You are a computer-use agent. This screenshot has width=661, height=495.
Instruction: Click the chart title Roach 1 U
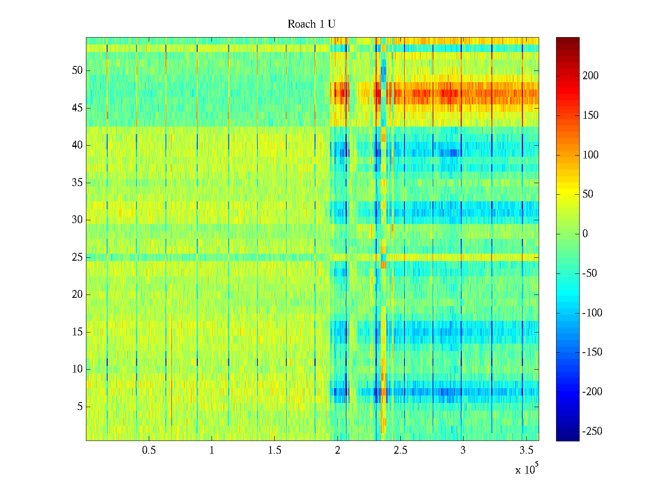coord(311,24)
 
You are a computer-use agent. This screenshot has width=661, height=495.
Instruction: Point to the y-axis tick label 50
coord(77,70)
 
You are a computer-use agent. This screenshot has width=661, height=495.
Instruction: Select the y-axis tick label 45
coord(77,108)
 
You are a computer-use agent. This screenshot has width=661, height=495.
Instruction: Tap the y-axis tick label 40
coord(77,145)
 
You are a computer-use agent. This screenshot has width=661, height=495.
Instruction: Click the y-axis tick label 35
coord(77,183)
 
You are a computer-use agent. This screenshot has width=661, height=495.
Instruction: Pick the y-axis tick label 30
coord(77,220)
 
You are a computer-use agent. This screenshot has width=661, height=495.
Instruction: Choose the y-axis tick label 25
coord(77,257)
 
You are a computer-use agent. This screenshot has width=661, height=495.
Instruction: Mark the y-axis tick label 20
coord(77,295)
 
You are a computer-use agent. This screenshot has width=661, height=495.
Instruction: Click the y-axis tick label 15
coord(77,332)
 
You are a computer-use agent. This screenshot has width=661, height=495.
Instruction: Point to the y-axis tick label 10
coord(77,369)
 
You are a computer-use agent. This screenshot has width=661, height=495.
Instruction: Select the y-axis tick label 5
coord(80,407)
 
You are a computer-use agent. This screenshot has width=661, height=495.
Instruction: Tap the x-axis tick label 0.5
coord(149,450)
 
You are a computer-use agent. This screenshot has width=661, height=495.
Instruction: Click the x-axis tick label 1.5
coord(274,450)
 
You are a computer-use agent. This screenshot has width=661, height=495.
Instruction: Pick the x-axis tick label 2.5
coord(400,450)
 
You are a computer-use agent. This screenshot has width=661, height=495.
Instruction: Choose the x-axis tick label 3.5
coord(526,450)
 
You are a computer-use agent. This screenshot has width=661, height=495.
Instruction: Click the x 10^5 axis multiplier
coord(527,469)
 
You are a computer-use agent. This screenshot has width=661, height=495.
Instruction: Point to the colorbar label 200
coord(590,76)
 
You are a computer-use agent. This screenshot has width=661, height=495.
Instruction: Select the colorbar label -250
coord(592,431)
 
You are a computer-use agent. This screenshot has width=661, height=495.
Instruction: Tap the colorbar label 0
coord(585,234)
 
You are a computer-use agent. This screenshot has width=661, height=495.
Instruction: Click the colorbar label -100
coord(592,313)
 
